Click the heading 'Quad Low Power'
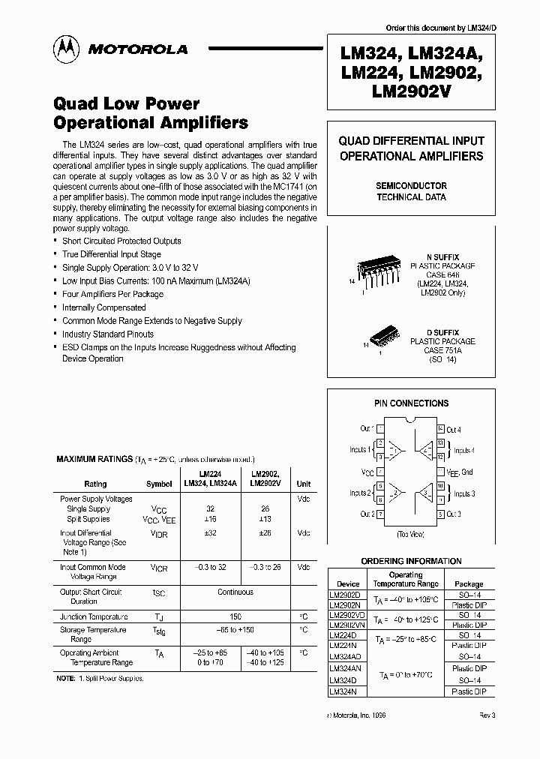pos(127,103)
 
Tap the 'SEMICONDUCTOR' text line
pos(411,185)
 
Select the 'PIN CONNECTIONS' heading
pos(411,403)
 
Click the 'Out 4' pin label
pos(454,430)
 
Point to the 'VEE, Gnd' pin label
pos(459,472)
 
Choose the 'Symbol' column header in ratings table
pos(159,484)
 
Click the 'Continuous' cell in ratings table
pos(235,592)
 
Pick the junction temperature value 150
pos(235,616)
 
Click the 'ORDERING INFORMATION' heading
pos(411,561)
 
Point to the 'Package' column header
pos(469,583)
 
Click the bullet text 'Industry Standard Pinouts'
pos(108,334)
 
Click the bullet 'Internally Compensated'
pos(104,307)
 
